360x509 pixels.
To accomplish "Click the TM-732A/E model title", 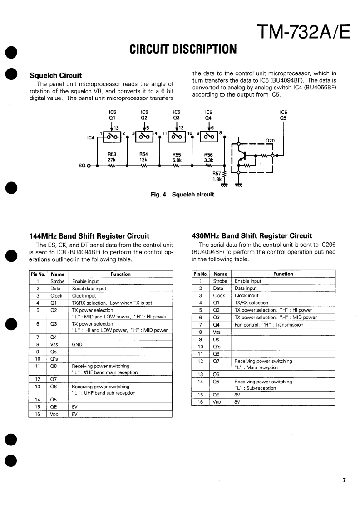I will [x=303, y=32].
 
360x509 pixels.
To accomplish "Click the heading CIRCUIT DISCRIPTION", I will [x=183, y=49].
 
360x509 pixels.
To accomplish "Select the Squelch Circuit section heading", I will [x=55, y=75].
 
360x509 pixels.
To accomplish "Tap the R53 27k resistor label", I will [x=112, y=157].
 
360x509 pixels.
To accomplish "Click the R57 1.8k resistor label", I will [x=217, y=176].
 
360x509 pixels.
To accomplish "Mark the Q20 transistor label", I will [x=270, y=140].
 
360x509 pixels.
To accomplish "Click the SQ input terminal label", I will [x=82, y=166].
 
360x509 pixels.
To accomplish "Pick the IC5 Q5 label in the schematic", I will [x=284, y=115].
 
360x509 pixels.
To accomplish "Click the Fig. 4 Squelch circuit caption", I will [x=182, y=195].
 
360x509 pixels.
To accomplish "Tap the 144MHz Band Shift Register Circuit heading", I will [x=89, y=236].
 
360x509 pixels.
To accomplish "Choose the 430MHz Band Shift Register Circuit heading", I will [x=252, y=236].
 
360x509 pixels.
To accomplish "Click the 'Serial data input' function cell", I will [x=89, y=289].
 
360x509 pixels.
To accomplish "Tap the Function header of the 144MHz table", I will [x=120, y=274].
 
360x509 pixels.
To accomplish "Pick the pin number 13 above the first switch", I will [x=116, y=128].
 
